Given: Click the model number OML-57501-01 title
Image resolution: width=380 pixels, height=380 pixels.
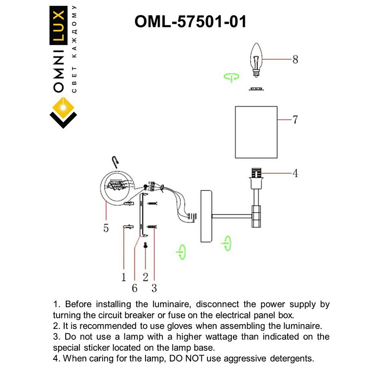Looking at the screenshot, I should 189,21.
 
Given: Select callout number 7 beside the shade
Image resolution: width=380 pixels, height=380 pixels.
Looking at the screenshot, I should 295,120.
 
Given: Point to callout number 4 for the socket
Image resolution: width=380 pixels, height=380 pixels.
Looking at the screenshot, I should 295,174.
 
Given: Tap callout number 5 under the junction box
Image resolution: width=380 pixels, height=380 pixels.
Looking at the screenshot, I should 106,229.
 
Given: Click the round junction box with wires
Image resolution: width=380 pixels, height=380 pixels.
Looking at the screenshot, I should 117,187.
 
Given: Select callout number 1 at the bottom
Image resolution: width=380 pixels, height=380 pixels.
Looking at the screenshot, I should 124,277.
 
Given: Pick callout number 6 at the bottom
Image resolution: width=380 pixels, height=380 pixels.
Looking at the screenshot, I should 134,288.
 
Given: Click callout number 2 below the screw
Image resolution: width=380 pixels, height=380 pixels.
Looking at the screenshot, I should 145,277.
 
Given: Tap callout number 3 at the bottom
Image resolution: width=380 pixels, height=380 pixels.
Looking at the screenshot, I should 154,288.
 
